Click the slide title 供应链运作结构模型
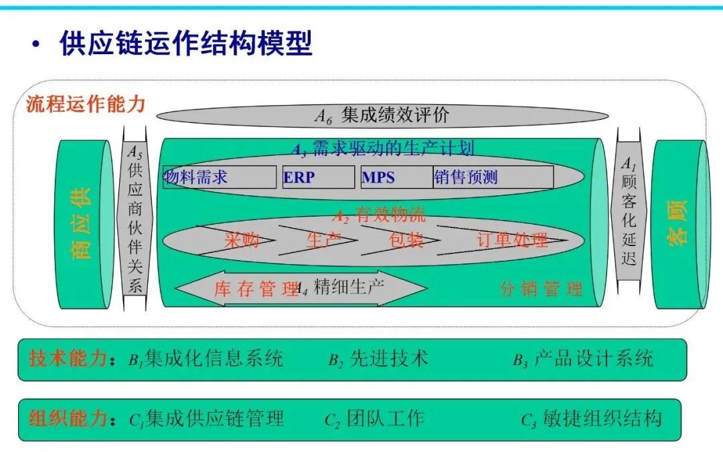tap(186, 45)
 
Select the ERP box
tap(318, 177)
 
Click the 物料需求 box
tap(220, 177)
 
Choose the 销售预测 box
tap(493, 177)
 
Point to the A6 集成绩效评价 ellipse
tap(383, 116)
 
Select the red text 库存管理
tap(256, 290)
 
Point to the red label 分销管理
tap(541, 289)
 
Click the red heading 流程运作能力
tap(86, 104)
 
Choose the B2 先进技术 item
tap(378, 360)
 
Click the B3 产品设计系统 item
tap(582, 360)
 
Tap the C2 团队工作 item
tap(374, 419)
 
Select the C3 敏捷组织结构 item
tap(591, 419)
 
